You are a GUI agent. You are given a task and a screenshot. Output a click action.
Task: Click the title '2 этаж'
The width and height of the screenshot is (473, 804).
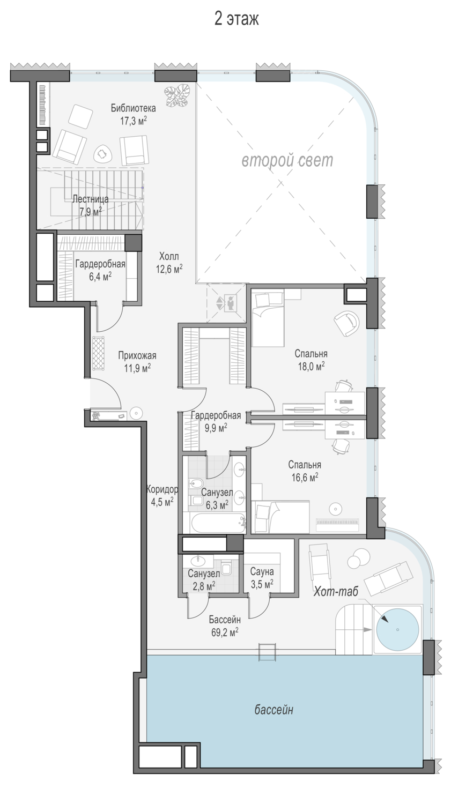point(236,19)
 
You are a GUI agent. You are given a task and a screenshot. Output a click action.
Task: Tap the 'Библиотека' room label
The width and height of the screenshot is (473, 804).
point(133,108)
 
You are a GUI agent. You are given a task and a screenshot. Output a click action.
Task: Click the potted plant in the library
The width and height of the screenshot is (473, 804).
point(177,95)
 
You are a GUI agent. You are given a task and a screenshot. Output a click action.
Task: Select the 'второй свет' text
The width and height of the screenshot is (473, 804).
point(287,160)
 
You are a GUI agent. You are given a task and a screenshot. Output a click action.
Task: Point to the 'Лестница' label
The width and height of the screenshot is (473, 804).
point(91,199)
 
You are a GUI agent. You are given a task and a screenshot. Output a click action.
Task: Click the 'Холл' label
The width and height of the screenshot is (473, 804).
point(169,256)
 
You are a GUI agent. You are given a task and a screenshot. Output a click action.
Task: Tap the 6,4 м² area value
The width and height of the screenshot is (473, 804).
point(100,277)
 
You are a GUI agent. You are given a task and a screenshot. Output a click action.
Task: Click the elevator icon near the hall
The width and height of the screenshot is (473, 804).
point(230,303)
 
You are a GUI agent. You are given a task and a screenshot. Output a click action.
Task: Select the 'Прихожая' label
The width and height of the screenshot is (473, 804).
point(137,355)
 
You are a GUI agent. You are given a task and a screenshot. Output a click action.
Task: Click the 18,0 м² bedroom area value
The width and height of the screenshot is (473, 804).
point(311,366)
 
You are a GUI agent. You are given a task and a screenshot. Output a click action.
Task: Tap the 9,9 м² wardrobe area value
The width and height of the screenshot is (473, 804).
point(216,428)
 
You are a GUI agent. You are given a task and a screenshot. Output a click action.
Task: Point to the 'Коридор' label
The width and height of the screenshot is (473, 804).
point(162,489)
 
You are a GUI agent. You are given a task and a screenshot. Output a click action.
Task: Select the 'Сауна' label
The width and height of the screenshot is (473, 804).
point(262,571)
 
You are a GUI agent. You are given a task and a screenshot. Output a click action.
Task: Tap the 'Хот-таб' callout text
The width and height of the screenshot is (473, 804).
point(336,591)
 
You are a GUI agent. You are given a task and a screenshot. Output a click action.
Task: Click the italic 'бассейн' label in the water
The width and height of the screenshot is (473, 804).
point(274,709)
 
